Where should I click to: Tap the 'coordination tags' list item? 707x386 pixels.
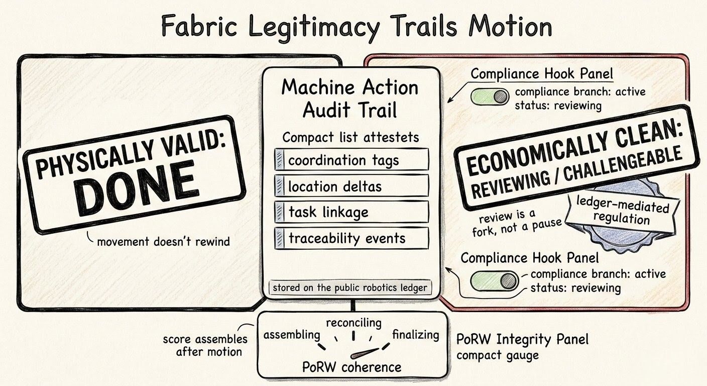(351, 160)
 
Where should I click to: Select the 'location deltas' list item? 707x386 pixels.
(351, 186)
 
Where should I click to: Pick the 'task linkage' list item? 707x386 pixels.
(351, 212)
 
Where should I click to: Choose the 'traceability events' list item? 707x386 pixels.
(351, 238)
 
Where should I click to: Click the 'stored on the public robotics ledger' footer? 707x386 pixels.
(350, 288)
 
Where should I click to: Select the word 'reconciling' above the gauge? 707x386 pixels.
(353, 322)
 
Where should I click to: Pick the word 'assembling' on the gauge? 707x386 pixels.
(292, 335)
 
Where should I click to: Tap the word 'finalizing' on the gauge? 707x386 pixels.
(416, 334)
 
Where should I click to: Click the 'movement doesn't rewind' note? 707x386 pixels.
(163, 241)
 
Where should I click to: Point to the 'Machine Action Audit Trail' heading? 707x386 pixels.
(349, 99)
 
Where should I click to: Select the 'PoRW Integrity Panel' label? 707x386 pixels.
(522, 339)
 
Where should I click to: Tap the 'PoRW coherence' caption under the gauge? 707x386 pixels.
(351, 367)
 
